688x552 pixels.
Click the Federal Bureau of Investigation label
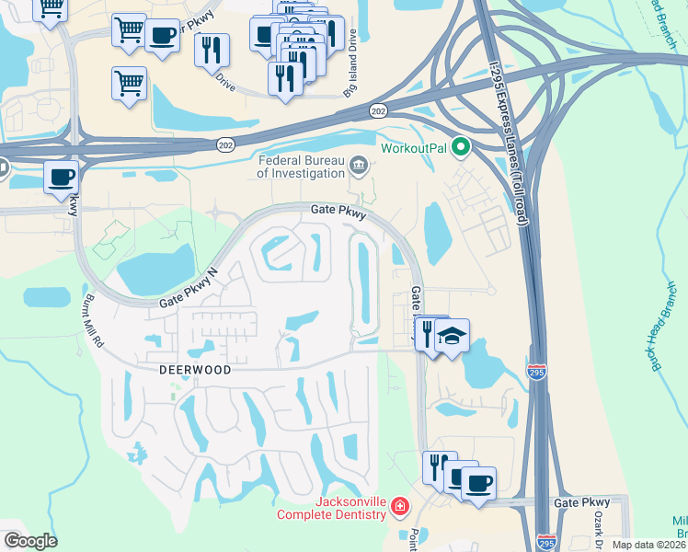[x=299, y=165]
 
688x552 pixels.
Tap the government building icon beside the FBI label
[x=359, y=167]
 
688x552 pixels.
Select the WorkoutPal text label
[x=415, y=147]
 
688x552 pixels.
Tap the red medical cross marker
[x=400, y=506]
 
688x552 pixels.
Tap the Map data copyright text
[x=648, y=545]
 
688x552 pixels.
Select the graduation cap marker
[x=452, y=336]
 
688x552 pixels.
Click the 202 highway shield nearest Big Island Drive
[x=380, y=110]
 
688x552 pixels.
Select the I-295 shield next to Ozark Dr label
[x=546, y=543]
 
